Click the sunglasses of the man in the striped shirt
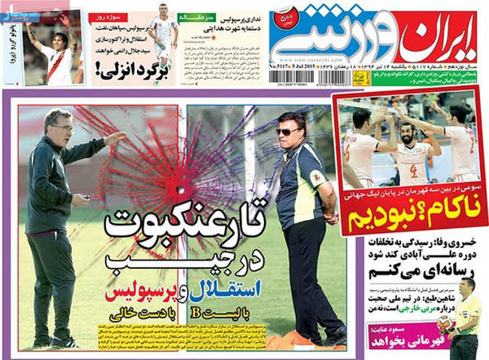(x=287, y=133)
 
